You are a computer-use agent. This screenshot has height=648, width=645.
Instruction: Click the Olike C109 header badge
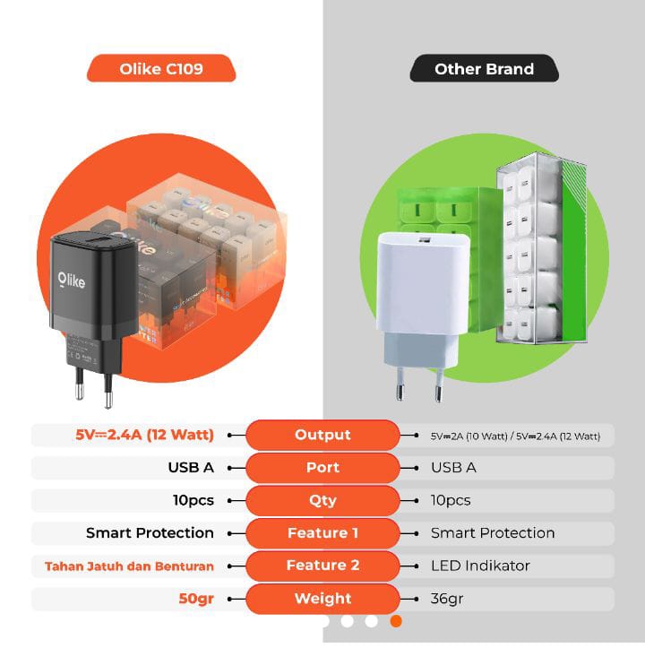click(161, 69)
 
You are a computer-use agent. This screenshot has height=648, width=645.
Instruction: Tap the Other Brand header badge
click(484, 69)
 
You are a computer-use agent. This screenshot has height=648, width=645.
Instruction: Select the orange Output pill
click(322, 435)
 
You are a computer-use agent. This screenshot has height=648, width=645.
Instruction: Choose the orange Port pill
click(322, 468)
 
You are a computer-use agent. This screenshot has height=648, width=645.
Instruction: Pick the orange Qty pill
click(322, 500)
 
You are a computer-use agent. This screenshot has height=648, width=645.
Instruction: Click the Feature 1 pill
click(322, 533)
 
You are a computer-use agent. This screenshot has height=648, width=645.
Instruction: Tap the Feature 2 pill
click(322, 566)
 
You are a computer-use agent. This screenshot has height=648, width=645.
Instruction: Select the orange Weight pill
click(322, 599)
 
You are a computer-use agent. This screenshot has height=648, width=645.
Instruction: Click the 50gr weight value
click(196, 599)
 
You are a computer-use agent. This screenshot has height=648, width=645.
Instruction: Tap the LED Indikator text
click(480, 566)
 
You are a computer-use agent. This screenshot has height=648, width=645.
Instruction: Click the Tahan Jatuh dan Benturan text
click(129, 566)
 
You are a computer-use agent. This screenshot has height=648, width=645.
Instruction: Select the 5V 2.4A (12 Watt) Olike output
click(145, 435)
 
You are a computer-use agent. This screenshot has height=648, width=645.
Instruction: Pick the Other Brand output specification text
click(515, 436)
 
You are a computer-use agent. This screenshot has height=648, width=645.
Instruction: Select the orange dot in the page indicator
click(396, 620)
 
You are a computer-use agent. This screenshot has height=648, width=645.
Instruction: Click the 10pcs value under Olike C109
click(193, 500)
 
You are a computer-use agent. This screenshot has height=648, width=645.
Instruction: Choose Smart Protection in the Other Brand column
click(493, 533)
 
